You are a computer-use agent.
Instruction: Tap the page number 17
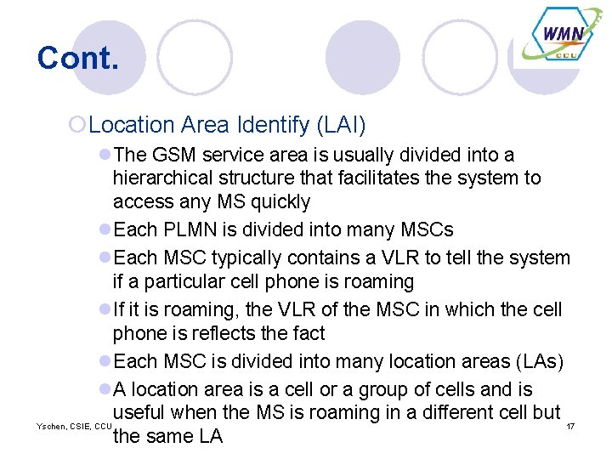click(570, 425)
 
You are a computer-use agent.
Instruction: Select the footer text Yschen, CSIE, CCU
click(75, 425)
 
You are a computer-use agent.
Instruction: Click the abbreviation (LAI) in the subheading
click(341, 126)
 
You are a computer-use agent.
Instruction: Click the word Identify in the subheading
click(272, 126)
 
